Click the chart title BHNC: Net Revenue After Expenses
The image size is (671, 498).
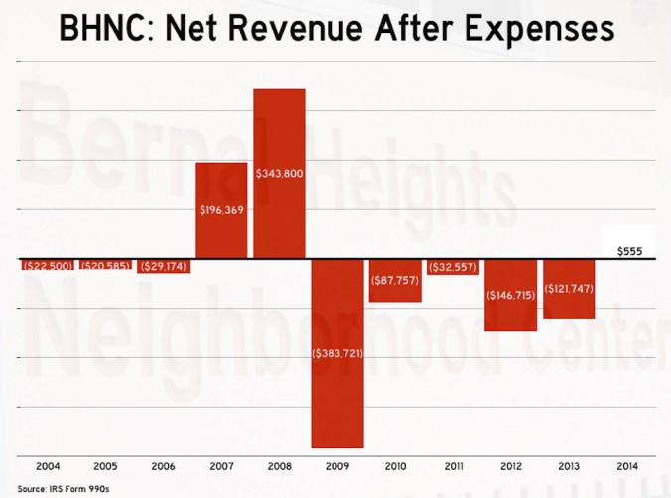(x=335, y=29)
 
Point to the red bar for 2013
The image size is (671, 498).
(x=569, y=303)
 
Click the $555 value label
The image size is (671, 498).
(x=627, y=252)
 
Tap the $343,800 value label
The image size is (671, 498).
(x=279, y=174)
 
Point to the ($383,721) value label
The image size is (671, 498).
(x=336, y=353)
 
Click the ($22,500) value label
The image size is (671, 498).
(x=47, y=266)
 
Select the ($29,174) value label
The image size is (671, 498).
(x=163, y=267)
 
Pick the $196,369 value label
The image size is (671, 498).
(x=220, y=209)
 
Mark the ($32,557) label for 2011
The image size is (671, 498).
(x=453, y=267)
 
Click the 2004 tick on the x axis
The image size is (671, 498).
(x=47, y=465)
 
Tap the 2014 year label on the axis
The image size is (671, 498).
(x=627, y=465)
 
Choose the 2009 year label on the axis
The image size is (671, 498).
(x=336, y=465)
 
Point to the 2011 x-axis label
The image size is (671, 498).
(x=453, y=465)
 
